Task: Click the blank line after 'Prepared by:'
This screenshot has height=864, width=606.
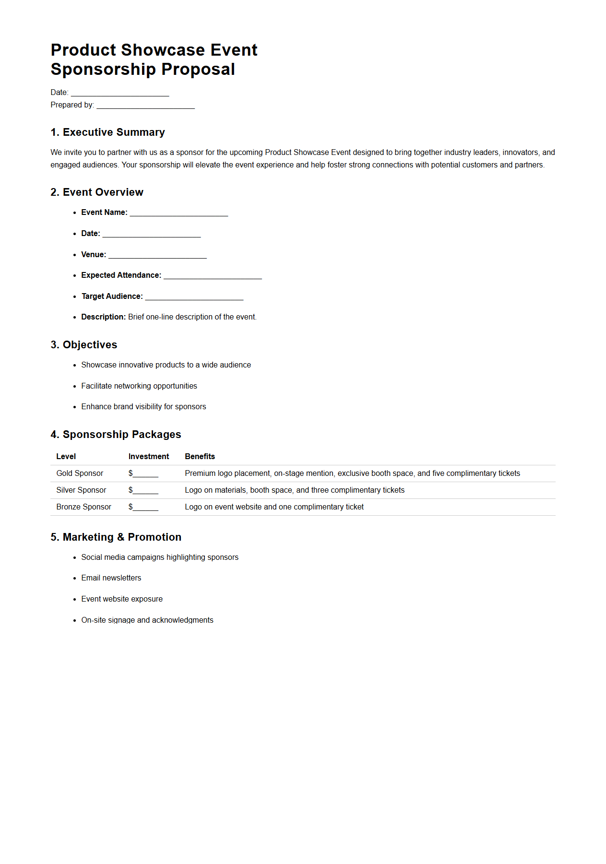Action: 145,106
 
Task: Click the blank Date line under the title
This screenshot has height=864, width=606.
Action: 120,93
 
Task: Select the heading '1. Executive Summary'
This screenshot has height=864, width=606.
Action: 107,132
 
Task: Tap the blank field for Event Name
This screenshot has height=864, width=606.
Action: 178,213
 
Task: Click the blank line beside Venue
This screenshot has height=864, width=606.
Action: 157,255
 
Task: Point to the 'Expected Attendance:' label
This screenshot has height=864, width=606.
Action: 121,275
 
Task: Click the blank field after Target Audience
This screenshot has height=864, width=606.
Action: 194,297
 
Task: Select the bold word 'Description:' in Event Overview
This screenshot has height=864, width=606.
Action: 103,317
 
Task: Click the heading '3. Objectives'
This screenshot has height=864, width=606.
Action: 83,345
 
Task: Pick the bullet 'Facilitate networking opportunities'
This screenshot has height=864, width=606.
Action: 139,386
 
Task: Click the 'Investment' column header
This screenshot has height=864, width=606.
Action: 148,457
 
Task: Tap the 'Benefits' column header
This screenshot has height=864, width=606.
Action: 200,457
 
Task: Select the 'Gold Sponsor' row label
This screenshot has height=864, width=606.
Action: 80,473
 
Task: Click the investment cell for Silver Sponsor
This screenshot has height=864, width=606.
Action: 143,490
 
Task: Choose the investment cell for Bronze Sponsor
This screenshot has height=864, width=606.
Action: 143,507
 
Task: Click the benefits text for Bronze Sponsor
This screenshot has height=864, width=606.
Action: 274,507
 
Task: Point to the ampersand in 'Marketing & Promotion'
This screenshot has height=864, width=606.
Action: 120,537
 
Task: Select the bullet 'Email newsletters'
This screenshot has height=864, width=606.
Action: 111,578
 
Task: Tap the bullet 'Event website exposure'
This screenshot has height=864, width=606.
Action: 121,599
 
